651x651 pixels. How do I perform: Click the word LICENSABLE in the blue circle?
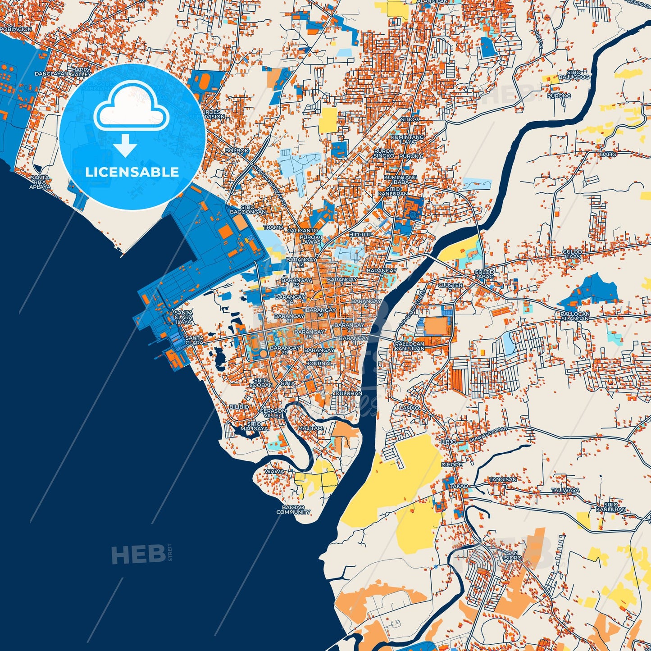pos(132,172)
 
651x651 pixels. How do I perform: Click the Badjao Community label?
pos(293,510)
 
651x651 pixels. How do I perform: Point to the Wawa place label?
pos(274,472)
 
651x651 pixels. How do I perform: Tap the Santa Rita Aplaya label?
pos(40,182)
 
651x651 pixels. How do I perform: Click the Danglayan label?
pos(51,74)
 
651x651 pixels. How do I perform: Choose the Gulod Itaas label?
pos(572,254)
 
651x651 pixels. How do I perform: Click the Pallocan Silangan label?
pos(575,316)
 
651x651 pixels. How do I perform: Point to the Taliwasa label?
pos(565,490)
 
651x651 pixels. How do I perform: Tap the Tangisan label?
pos(503,479)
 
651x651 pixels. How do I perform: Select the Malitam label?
pos(310,428)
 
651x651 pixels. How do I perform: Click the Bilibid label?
pos(239,407)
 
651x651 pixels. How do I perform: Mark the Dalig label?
pos(608,154)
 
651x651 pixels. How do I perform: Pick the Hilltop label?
pos(360,235)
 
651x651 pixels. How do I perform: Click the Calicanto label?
pos(302,231)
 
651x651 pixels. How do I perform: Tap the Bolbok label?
pos(237,151)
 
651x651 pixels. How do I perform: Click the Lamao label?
pos(410,408)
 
